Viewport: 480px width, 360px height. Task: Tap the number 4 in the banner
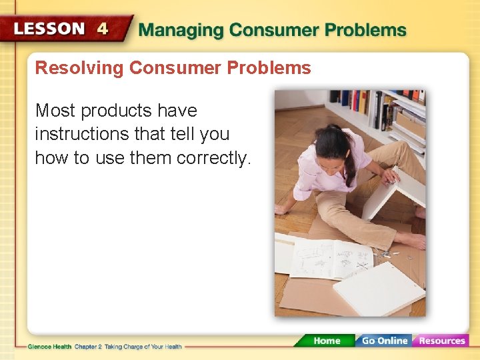coord(103,29)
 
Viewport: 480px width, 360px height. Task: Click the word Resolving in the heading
coord(79,68)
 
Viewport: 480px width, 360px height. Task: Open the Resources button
coord(441,340)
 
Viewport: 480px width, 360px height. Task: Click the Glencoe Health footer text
coord(49,347)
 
